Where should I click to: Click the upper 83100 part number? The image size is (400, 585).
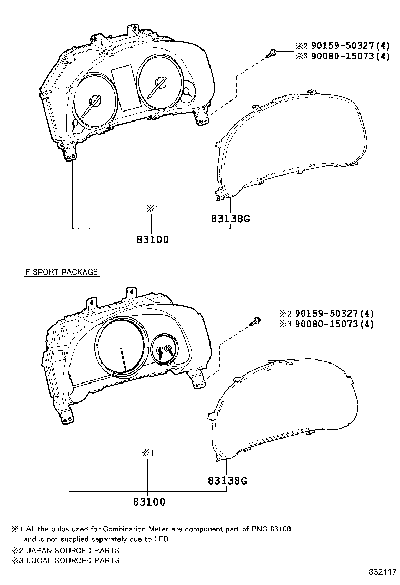(153, 239)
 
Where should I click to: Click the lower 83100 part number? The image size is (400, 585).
(149, 502)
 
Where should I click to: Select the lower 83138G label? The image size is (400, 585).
(227, 480)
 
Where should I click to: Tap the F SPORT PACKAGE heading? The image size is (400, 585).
(62, 272)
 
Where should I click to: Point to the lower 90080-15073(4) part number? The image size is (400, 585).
(334, 324)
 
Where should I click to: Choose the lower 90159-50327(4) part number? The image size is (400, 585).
(334, 314)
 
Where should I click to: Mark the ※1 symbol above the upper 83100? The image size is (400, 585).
(152, 209)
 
